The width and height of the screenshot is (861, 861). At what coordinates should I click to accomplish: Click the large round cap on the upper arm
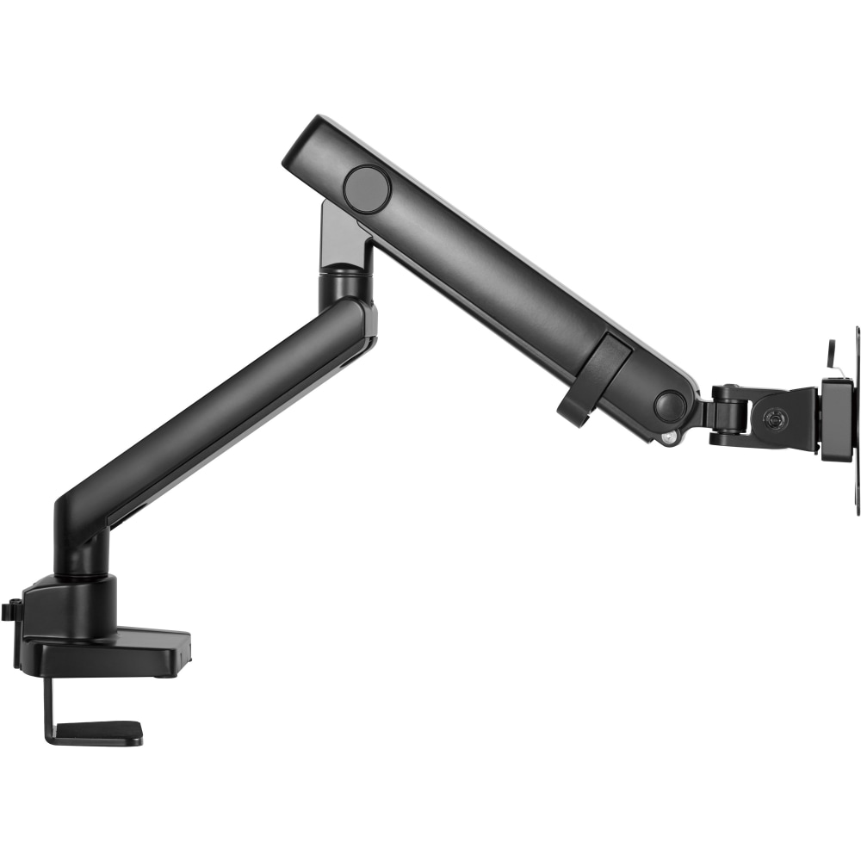coord(367,185)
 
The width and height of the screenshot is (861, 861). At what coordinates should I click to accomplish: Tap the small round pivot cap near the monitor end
coord(669,405)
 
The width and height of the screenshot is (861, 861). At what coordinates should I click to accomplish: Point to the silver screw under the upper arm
coord(667,439)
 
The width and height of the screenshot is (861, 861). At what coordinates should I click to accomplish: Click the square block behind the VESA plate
coord(835,419)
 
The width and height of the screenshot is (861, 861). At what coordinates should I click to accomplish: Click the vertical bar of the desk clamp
coord(50,702)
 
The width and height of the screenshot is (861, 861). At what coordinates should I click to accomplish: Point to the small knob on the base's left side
coord(10,610)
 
